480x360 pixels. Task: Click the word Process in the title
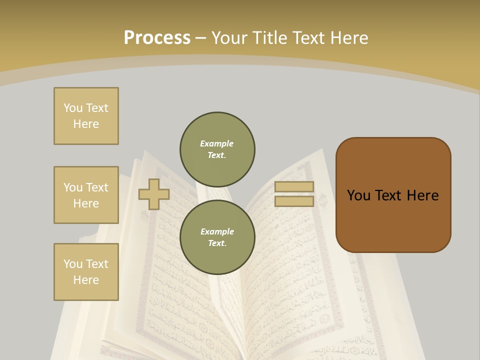tap(157, 38)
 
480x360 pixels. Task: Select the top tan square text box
tap(86, 116)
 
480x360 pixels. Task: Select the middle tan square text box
tap(86, 195)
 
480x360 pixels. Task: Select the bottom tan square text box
tap(86, 272)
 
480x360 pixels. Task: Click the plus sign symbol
tap(154, 194)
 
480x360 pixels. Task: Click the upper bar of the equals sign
tap(294, 187)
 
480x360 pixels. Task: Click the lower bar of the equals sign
tap(294, 201)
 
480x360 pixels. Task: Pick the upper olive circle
tap(217, 149)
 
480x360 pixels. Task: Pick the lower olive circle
tap(217, 237)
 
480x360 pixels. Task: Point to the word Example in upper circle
tap(217, 143)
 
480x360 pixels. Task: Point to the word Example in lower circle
tap(217, 231)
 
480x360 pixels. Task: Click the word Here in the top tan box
tap(86, 124)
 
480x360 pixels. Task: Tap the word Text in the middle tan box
tap(97, 187)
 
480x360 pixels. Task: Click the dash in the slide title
tap(200, 38)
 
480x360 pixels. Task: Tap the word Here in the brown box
tap(423, 195)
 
